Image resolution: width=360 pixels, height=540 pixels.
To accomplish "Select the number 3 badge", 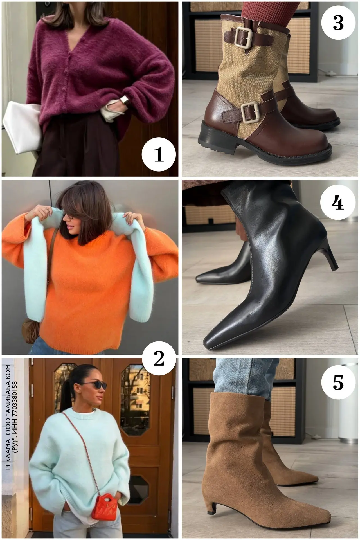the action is [x=338, y=22].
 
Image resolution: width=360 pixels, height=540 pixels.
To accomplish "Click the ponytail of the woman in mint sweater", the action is [x=67, y=394].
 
